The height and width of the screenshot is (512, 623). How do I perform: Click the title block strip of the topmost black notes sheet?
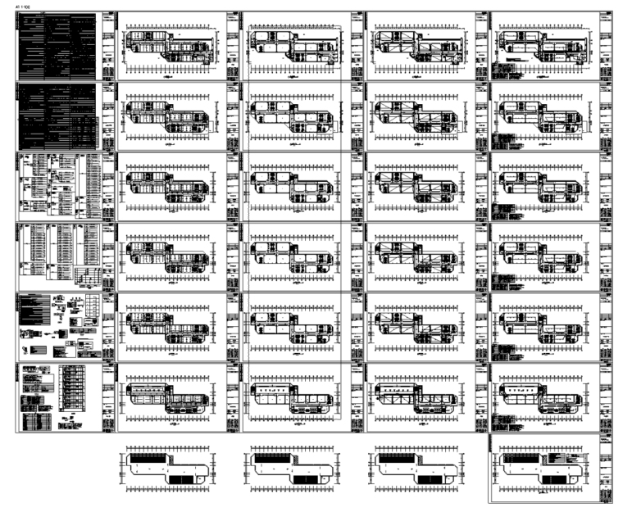pos(109,46)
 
